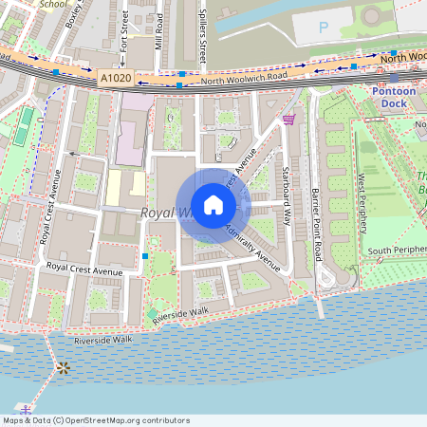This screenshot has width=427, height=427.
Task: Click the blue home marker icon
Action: tap(213, 204)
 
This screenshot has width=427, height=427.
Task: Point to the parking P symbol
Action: tap(323, 28)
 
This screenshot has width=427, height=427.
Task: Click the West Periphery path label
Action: tap(362, 198)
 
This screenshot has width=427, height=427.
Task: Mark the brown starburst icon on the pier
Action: tap(63, 367)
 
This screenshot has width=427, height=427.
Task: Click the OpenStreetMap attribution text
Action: tap(95, 419)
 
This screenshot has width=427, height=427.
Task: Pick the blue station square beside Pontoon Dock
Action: tap(393, 82)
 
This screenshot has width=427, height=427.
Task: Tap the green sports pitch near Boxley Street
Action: tap(23, 126)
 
